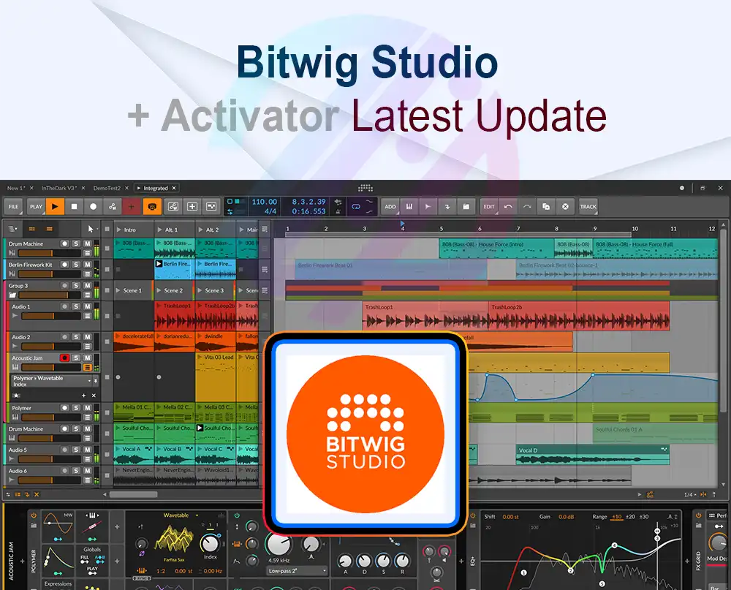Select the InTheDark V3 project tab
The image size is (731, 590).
pos(60,188)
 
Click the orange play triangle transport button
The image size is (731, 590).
pos(56,207)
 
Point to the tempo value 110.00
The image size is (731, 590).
pos(264,202)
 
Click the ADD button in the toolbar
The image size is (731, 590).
pos(390,207)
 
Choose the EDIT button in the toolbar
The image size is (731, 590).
pos(489,207)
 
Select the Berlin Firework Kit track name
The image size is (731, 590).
pos(30,265)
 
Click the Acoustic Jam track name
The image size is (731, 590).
pos(27,358)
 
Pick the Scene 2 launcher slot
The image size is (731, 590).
pos(174,290)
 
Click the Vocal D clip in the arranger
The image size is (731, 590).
pos(527,450)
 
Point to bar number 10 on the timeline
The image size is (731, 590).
pos(634,229)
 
